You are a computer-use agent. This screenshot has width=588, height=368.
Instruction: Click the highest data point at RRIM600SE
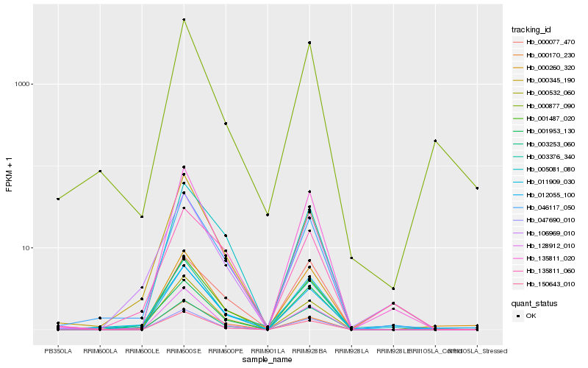[x=184, y=19]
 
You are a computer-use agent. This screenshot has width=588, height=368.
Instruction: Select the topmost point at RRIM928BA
[x=309, y=43]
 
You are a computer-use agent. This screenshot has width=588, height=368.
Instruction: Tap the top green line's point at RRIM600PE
[x=226, y=124]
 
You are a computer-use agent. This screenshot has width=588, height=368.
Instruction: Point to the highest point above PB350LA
[x=58, y=199]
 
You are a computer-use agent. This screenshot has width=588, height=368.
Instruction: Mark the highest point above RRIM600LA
[x=100, y=171]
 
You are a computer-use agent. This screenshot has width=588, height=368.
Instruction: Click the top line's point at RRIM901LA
[x=268, y=214]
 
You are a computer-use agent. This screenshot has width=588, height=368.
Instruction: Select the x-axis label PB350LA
[x=58, y=351]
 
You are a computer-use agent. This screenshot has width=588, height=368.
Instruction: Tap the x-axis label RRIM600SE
[x=184, y=351]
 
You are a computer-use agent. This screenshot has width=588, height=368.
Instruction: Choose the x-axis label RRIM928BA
[x=309, y=351]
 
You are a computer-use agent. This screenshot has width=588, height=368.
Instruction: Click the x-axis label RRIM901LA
[x=268, y=351]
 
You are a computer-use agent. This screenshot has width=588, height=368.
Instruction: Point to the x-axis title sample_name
[x=268, y=361]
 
